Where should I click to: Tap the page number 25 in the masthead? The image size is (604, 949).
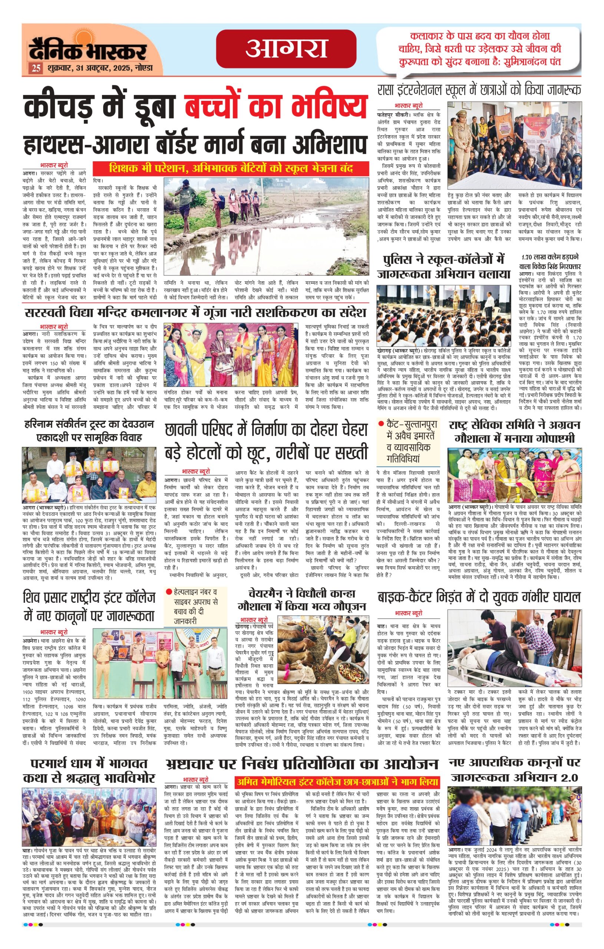pos(36,68)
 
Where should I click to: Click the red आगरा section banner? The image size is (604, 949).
pos(286,49)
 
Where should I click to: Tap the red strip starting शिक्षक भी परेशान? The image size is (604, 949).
pos(231,168)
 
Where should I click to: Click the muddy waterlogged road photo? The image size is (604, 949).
pos(266,226)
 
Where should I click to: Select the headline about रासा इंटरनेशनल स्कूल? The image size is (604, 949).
pos(479,90)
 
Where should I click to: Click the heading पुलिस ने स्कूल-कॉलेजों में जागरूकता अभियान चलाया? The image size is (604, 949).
pos(443,267)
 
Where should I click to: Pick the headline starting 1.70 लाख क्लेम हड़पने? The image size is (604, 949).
pos(549,262)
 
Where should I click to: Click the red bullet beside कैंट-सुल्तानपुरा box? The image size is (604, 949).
pos(381,424)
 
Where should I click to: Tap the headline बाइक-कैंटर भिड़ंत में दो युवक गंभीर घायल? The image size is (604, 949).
pos(479,598)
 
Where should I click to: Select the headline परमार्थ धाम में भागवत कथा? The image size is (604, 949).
pos(89,770)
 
